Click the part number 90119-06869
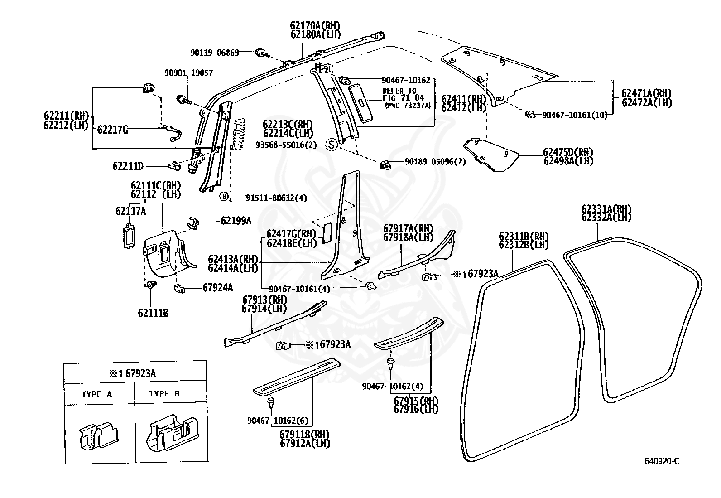click(x=214, y=53)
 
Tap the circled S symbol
click(x=331, y=145)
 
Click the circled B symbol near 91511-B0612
click(x=225, y=197)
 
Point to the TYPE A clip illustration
click(x=98, y=435)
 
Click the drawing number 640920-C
click(x=662, y=461)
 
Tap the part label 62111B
click(x=154, y=313)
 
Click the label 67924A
click(x=217, y=287)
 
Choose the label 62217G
click(x=112, y=130)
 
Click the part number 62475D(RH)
click(x=568, y=152)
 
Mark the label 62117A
click(x=131, y=211)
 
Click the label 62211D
click(x=128, y=166)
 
